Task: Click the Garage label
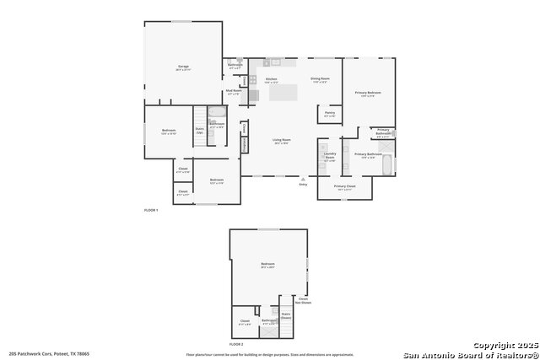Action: click(x=183, y=66)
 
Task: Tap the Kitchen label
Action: click(x=272, y=79)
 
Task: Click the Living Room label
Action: click(x=281, y=141)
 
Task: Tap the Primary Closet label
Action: click(x=344, y=187)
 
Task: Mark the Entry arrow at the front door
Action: click(x=303, y=180)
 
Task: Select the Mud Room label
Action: click(x=234, y=92)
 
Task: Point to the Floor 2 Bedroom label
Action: click(x=267, y=265)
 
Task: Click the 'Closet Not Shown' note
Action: click(x=303, y=298)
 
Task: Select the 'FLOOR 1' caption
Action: click(x=150, y=209)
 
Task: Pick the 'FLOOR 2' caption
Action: click(x=236, y=345)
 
